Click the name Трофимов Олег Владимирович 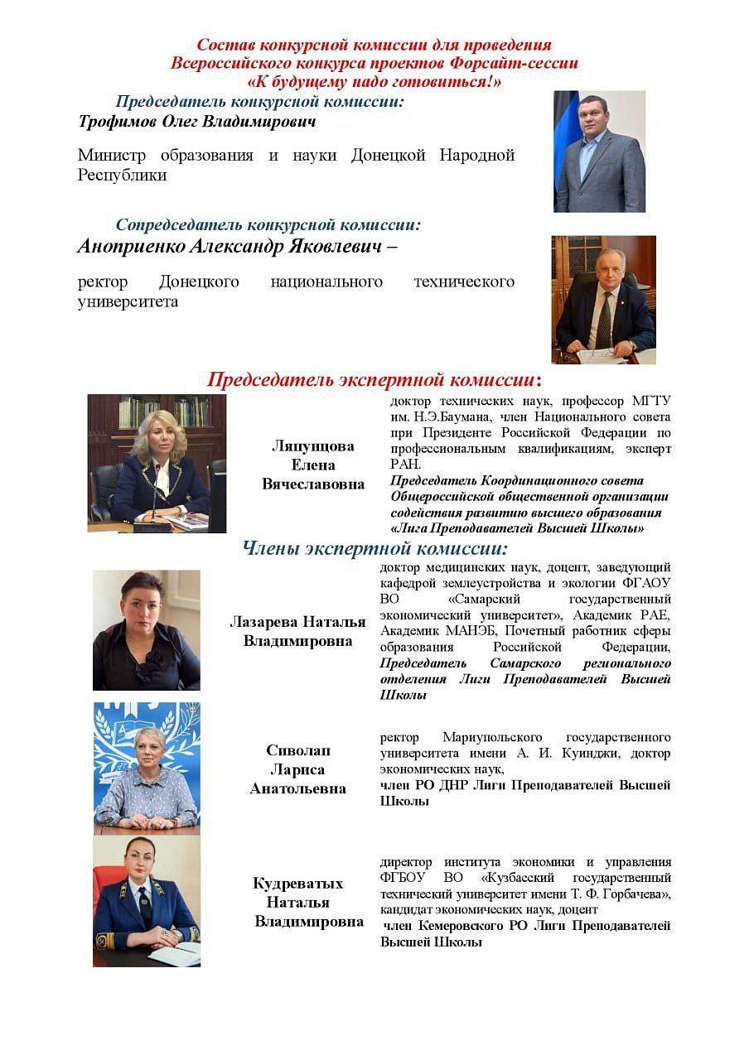(197, 123)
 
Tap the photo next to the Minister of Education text (599, 152)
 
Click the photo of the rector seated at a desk (603, 299)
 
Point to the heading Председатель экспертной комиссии (374, 380)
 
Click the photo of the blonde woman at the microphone (157, 463)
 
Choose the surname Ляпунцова (313, 446)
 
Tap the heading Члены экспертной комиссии (374, 548)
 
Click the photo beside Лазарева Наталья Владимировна (147, 630)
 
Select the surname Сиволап (298, 750)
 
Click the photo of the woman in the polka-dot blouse (147, 768)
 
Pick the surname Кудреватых (298, 884)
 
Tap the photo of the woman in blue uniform (147, 902)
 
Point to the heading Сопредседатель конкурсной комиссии (268, 224)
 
